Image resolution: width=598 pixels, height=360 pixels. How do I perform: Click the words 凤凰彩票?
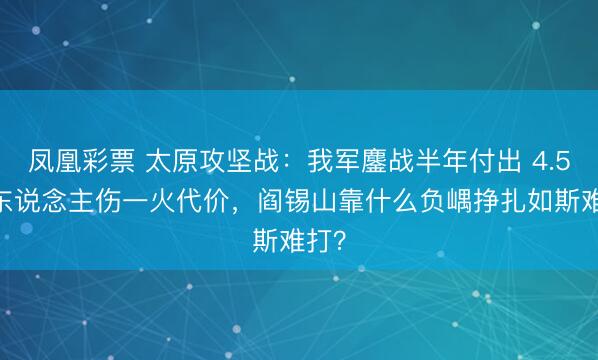(83, 160)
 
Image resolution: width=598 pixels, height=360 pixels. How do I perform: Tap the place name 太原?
(175, 160)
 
